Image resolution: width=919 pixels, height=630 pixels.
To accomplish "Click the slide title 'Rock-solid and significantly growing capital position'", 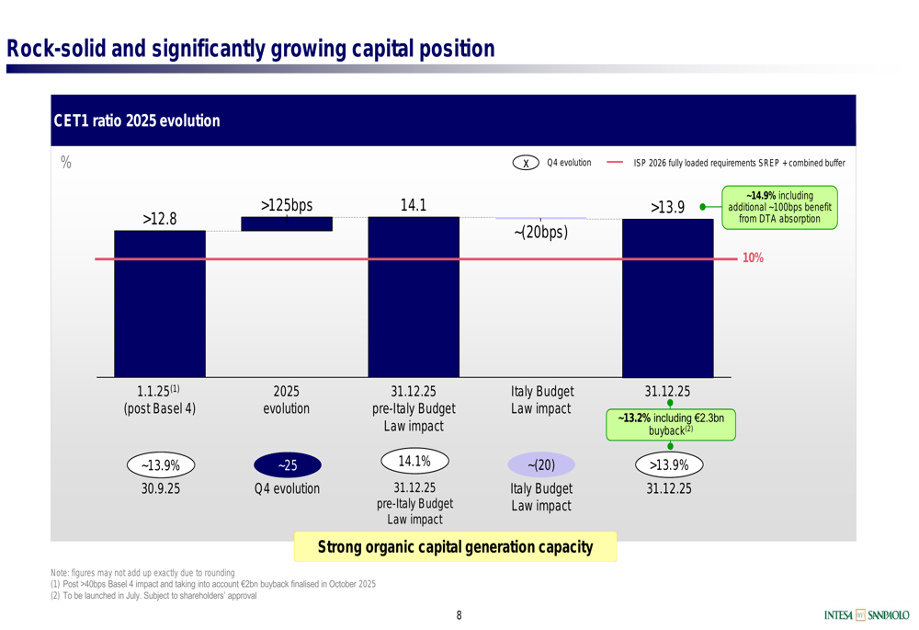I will tap(250, 48).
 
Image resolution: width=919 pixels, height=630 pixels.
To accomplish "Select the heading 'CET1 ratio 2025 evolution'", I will tap(137, 121).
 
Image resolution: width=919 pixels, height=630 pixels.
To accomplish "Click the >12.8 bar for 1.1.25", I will tap(160, 304).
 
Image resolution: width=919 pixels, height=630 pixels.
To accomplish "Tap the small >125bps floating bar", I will tap(287, 223).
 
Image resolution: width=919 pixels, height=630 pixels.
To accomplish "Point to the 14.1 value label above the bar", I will tap(414, 205).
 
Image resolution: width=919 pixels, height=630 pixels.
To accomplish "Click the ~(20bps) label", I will tap(540, 232).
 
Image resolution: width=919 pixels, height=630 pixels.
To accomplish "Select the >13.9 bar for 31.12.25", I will tap(668, 299).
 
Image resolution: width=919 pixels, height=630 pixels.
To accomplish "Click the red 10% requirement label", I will tap(753, 258).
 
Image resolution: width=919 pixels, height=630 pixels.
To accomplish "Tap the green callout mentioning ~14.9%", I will tap(779, 208).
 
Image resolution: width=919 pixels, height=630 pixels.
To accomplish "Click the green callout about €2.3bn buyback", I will tap(670, 424).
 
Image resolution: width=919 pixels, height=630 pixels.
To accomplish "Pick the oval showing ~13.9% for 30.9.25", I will tap(160, 465).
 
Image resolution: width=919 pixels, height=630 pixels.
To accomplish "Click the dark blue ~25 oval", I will tap(287, 465).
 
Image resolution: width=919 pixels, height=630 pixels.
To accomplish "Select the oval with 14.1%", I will tap(414, 460).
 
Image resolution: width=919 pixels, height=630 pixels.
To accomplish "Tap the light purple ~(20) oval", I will tap(541, 465).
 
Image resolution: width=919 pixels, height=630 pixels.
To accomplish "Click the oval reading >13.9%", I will tap(668, 465).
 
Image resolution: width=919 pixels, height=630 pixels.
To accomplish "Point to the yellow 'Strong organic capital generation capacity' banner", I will tap(455, 547).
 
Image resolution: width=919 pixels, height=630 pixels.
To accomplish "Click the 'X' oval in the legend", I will tap(526, 164).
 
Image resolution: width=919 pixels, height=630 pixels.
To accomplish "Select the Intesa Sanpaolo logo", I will tap(866, 614).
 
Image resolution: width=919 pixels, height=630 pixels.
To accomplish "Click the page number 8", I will tap(459, 615).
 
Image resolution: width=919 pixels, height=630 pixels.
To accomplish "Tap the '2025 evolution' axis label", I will tap(287, 399).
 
